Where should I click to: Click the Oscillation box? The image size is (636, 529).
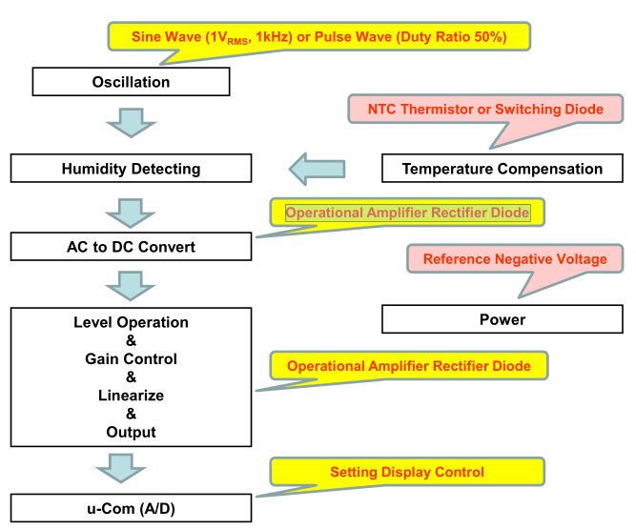tap(132, 82)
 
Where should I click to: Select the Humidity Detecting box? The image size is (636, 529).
tap(132, 169)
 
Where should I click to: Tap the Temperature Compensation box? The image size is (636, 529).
tap(503, 169)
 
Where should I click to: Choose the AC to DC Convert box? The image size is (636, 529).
tap(132, 247)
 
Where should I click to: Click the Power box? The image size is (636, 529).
tap(503, 319)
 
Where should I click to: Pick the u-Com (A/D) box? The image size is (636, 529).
tap(132, 508)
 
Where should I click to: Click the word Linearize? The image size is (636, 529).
tap(132, 396)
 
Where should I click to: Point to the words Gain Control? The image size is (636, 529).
tap(132, 359)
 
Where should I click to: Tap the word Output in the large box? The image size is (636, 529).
tap(132, 432)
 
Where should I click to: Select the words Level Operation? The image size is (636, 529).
tap(132, 322)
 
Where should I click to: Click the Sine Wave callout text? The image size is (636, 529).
tap(317, 36)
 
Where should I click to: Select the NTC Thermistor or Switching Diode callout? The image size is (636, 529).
tap(487, 110)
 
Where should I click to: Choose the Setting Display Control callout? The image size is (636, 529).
tap(407, 472)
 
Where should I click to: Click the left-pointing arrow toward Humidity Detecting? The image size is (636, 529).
tap(317, 169)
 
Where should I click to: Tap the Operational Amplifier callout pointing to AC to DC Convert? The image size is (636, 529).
tap(407, 213)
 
